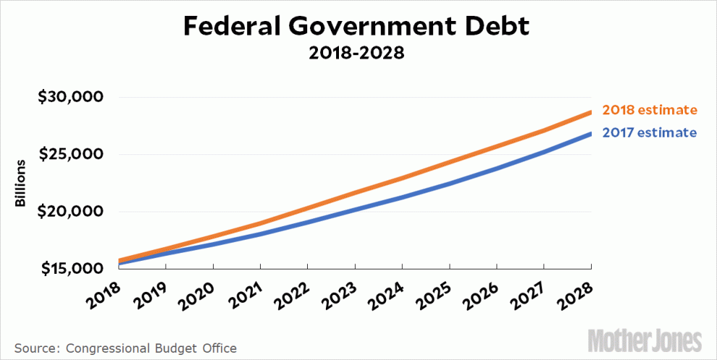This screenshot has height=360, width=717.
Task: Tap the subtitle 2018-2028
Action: tap(358, 54)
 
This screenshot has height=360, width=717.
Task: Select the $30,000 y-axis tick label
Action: tap(70, 97)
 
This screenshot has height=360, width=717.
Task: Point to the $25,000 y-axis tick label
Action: tap(70, 154)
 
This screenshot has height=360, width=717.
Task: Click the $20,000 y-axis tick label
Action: tap(70, 212)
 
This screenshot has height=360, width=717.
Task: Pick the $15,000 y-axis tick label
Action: tap(70, 269)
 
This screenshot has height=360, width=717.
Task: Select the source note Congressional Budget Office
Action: tap(125, 348)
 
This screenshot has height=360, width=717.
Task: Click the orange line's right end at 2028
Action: tap(590, 112)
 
